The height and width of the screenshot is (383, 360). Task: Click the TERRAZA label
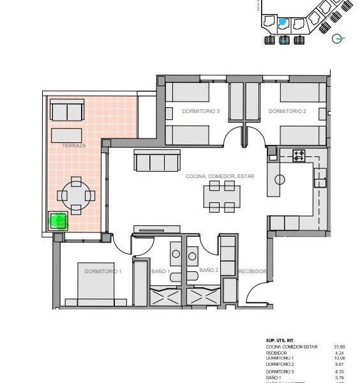[x=74, y=146]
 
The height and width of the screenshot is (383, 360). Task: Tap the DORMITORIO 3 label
[x=200, y=111]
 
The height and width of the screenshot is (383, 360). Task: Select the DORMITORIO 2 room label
[x=287, y=111]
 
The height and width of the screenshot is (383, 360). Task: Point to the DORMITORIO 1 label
[x=103, y=271]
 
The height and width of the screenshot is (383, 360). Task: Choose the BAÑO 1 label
[x=160, y=271]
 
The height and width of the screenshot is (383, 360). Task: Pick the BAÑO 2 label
[x=209, y=271]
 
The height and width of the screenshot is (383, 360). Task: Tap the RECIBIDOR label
[x=252, y=271]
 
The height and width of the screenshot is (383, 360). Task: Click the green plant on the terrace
[x=58, y=222]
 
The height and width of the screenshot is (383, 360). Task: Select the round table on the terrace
[x=76, y=195]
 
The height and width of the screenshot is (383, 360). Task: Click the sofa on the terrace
[x=66, y=111]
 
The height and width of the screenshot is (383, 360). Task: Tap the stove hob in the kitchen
[x=299, y=154]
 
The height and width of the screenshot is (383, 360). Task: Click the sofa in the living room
[x=156, y=161]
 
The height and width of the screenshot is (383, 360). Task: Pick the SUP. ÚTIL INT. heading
[x=281, y=341]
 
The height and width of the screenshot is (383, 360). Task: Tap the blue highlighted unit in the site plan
[x=284, y=23]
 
